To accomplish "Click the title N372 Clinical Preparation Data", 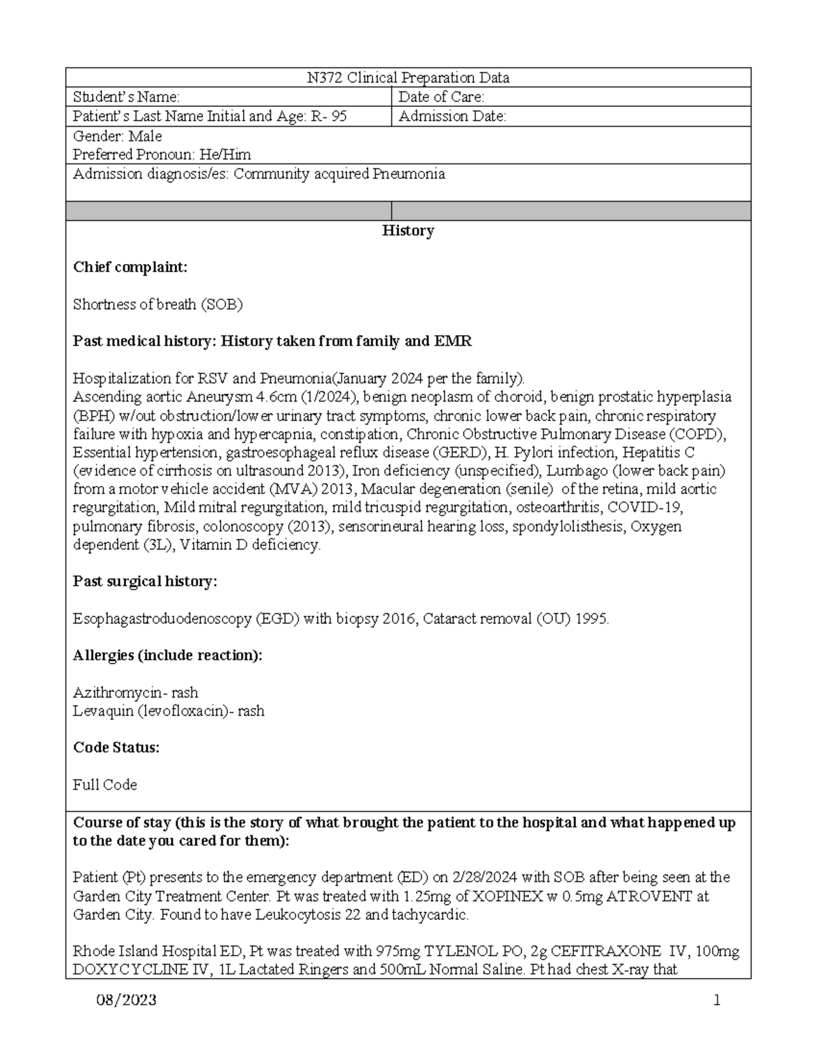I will [408, 78].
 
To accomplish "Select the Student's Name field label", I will [126, 97].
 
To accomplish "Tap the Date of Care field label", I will [441, 97].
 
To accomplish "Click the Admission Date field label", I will [452, 116].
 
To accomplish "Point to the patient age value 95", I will [338, 116].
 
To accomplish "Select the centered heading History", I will [408, 231].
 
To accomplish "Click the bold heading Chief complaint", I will [129, 267].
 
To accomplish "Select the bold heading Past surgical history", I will [145, 581].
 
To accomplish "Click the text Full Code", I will [105, 785].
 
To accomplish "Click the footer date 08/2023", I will [127, 1000].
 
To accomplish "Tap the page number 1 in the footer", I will [716, 1000].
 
